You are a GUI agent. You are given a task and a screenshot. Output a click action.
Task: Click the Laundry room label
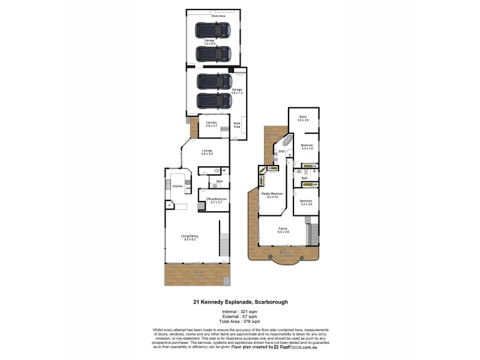(211, 124)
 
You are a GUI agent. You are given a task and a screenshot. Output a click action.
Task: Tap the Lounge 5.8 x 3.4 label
(208, 152)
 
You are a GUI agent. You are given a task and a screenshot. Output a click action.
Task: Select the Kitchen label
(178, 187)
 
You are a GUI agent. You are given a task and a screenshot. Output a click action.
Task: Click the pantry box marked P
(170, 206)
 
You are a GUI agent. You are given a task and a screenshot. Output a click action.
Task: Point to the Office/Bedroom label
(214, 201)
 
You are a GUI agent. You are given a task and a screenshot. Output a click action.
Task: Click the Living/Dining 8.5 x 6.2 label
(190, 238)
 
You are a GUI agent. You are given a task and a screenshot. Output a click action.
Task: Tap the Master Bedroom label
(272, 196)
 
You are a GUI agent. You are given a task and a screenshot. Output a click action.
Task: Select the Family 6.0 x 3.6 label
(283, 230)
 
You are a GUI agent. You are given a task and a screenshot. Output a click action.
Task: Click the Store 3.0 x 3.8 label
(303, 119)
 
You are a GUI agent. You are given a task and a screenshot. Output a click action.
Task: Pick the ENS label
(282, 151)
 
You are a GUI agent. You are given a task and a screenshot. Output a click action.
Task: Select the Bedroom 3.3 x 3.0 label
(306, 202)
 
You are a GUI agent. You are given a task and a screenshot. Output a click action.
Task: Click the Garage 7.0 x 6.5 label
(209, 42)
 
